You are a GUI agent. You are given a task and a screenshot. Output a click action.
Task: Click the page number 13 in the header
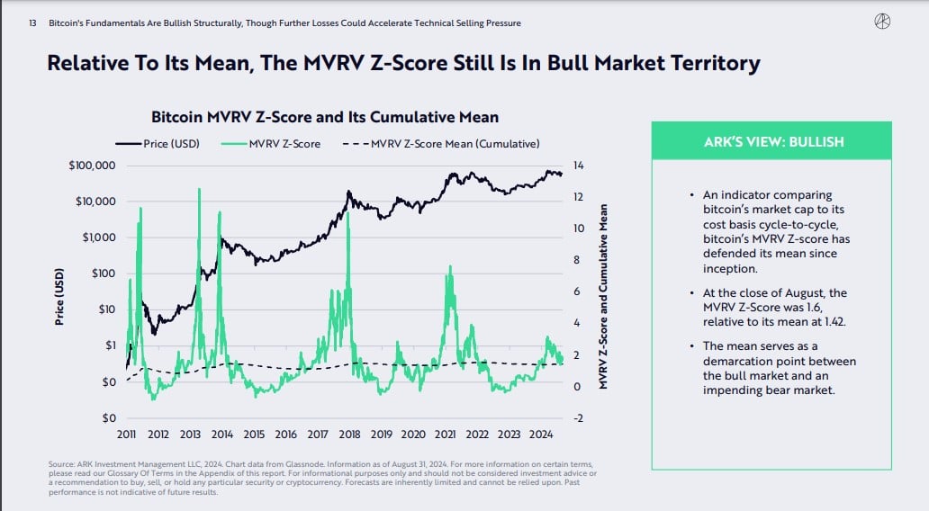point(32,22)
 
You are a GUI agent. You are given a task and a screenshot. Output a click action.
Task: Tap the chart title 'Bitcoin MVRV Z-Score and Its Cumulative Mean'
point(325,117)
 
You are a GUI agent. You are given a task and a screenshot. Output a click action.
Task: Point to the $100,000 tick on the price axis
point(90,166)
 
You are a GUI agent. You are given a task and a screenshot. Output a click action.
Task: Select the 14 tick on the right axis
point(578,166)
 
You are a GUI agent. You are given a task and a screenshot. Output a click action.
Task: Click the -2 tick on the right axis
point(579,418)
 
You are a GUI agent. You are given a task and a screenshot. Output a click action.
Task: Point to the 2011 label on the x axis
point(127,435)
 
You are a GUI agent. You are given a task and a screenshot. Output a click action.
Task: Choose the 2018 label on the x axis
point(349,435)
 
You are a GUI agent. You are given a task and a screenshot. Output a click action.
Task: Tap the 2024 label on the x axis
point(540,435)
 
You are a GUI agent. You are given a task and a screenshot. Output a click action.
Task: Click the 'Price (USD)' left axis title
point(60,296)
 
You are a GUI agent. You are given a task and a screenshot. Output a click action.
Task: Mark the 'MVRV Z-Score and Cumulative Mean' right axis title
point(604,296)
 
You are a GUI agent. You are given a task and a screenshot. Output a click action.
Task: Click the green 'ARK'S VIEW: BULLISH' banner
point(772,142)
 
